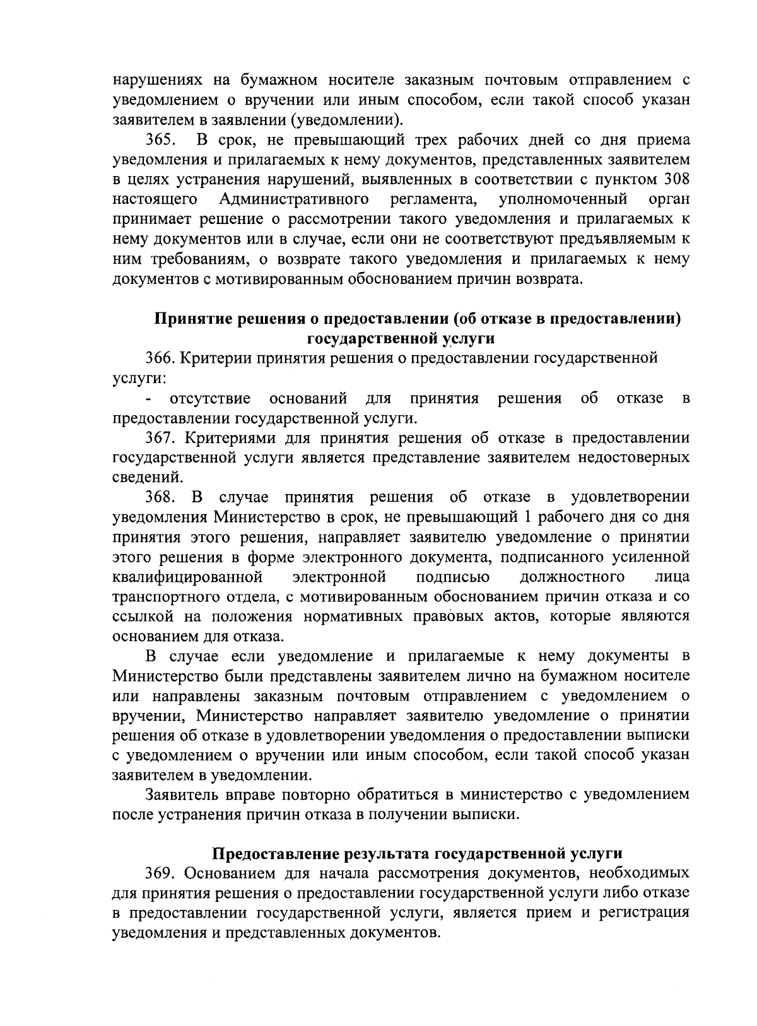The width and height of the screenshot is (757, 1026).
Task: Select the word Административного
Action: point(294,199)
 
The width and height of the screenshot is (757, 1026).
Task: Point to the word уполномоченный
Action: point(563,199)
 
